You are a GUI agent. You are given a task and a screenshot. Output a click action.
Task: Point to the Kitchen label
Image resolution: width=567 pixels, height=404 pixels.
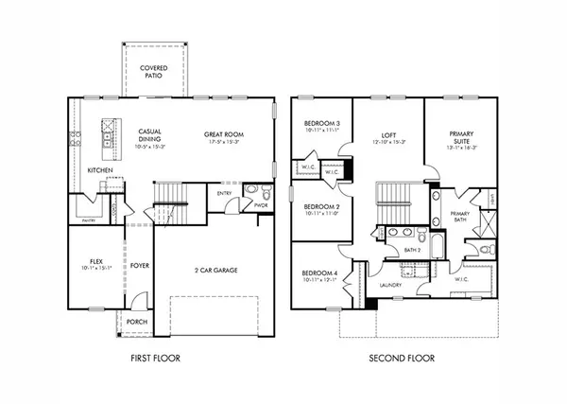tap(102, 170)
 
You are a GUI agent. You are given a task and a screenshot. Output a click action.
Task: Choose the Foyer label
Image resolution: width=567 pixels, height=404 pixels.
tap(140, 266)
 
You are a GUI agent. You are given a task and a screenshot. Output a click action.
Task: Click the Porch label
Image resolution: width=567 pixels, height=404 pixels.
tap(136, 322)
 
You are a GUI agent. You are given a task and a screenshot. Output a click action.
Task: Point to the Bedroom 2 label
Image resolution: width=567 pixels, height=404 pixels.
tap(321, 207)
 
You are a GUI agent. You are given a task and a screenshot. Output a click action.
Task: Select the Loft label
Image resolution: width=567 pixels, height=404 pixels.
tap(388, 135)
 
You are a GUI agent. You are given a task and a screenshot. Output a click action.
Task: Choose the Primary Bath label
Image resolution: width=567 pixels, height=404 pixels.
tap(460, 217)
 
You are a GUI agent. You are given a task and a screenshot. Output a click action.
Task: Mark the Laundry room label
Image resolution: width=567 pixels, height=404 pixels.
tap(391, 285)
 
